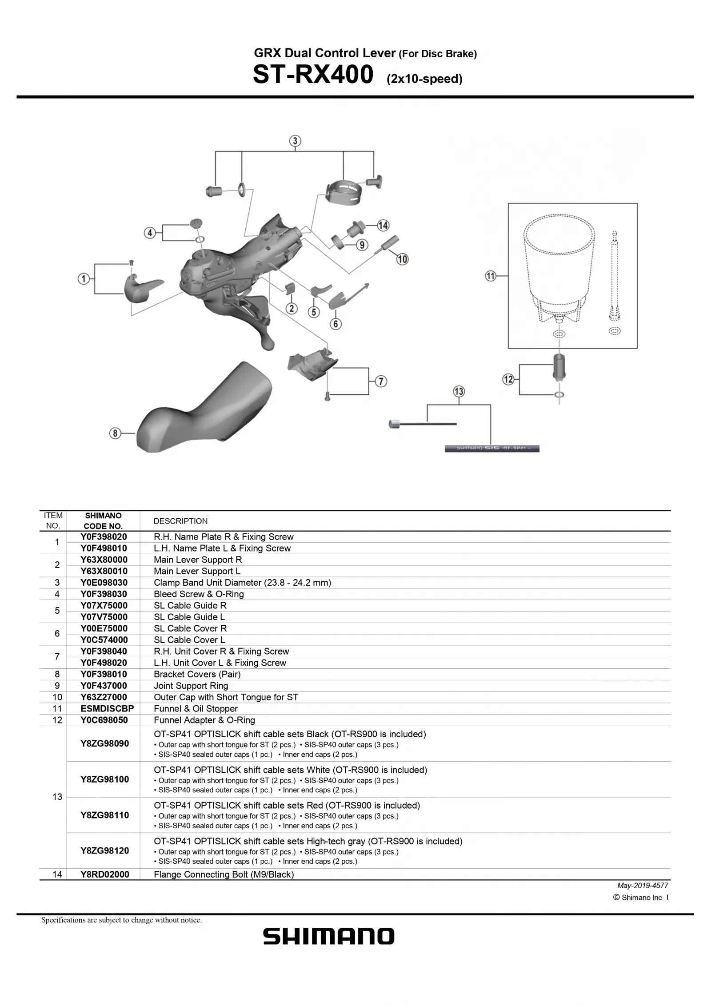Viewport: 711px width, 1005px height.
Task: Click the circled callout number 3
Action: point(295,141)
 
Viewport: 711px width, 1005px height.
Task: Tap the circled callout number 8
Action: point(115,433)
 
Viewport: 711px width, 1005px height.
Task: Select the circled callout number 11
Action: point(490,276)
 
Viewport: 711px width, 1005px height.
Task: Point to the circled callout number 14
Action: point(383,225)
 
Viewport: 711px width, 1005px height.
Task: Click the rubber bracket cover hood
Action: point(204,409)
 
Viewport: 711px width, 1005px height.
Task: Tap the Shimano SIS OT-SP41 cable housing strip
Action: point(492,449)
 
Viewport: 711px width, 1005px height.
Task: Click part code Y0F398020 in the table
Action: point(104,536)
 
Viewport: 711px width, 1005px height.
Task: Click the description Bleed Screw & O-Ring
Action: point(199,594)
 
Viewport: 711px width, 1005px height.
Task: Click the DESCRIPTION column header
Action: point(180,521)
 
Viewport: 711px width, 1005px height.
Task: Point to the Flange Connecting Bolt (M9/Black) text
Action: point(224,874)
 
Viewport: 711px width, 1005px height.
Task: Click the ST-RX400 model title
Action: point(313,75)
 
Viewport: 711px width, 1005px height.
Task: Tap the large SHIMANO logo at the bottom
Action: point(328,937)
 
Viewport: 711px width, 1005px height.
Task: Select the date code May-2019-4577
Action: point(643,886)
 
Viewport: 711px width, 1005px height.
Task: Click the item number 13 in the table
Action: point(57,797)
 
